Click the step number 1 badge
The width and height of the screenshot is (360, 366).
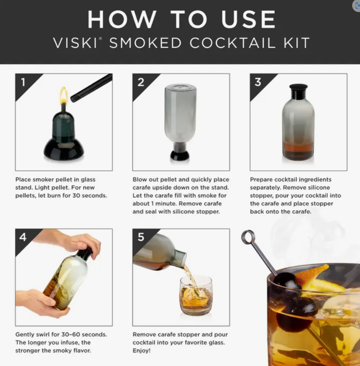(x=23, y=82)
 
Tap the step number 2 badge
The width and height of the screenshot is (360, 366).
(x=141, y=82)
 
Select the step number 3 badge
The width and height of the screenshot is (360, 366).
(x=258, y=82)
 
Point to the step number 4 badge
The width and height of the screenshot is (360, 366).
(x=23, y=237)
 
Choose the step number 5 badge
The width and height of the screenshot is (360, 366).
(x=141, y=237)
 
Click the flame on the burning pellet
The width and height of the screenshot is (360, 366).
(x=64, y=95)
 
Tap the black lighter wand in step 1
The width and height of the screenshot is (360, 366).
(x=91, y=88)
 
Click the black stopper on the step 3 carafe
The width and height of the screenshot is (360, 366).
(x=298, y=92)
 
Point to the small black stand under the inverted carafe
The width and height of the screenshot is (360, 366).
(x=180, y=156)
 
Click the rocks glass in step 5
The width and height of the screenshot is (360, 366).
(x=196, y=295)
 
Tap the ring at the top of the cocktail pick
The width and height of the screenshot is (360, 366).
(x=248, y=237)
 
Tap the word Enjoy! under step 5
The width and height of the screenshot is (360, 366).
(x=142, y=351)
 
